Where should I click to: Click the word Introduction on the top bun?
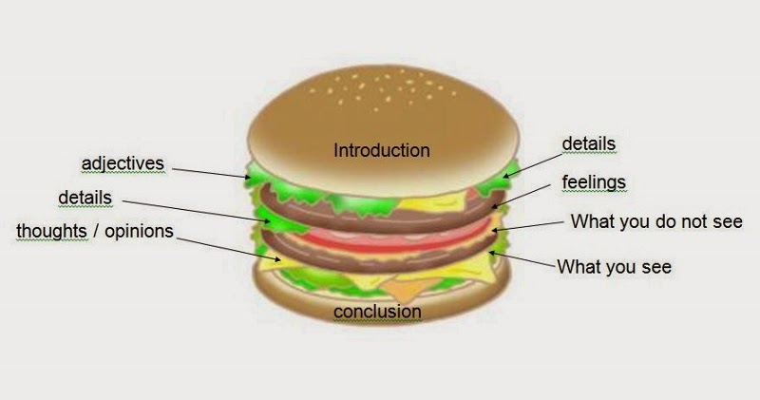(381, 150)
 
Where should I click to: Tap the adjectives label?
(123, 163)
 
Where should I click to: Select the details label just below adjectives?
(85, 198)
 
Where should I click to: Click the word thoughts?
(52, 231)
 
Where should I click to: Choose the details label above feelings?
(588, 143)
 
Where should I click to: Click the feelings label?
(593, 181)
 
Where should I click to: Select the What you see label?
(614, 267)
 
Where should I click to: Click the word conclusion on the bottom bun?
(377, 311)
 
